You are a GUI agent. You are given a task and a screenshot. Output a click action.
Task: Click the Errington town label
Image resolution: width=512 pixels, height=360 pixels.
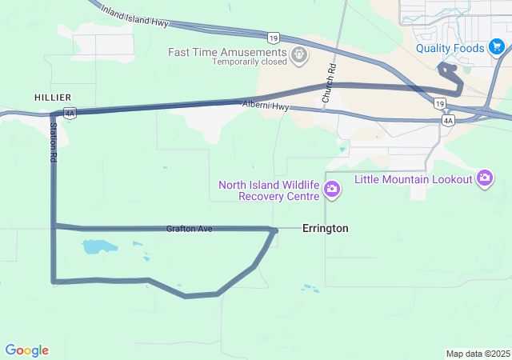(325, 229)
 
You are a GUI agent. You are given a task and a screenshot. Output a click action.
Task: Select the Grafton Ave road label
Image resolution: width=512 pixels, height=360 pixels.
(190, 229)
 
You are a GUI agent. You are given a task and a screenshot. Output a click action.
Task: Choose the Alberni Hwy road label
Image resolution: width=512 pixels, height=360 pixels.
(266, 106)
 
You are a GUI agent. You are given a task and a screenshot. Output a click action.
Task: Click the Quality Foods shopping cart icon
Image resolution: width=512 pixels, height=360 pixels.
(498, 48)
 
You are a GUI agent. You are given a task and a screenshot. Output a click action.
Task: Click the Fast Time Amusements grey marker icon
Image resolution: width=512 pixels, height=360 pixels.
(300, 55)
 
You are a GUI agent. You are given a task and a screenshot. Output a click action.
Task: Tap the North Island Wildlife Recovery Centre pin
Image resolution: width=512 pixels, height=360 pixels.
(331, 190)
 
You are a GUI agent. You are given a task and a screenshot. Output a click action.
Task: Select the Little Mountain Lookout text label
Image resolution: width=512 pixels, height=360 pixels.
(414, 179)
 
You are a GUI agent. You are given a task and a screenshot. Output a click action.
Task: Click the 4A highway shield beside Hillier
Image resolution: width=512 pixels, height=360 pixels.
(70, 114)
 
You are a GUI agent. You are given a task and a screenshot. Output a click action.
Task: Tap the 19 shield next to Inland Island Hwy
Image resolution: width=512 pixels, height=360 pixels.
(274, 37)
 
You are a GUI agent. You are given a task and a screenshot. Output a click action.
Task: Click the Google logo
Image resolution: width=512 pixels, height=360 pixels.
(26, 350)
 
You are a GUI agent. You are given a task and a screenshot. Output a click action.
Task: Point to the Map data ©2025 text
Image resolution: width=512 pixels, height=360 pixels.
(477, 354)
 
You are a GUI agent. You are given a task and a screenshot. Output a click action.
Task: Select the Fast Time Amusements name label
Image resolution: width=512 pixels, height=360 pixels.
(228, 52)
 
